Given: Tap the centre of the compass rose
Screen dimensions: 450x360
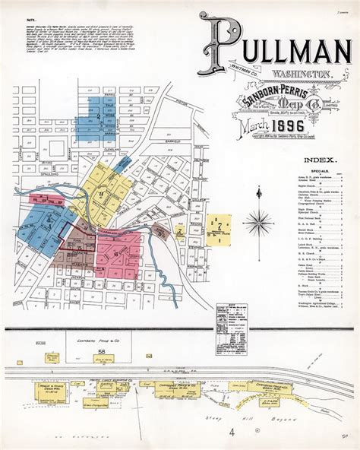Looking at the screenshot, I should (258, 223).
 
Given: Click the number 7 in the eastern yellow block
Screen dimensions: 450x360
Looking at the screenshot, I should (219, 226).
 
